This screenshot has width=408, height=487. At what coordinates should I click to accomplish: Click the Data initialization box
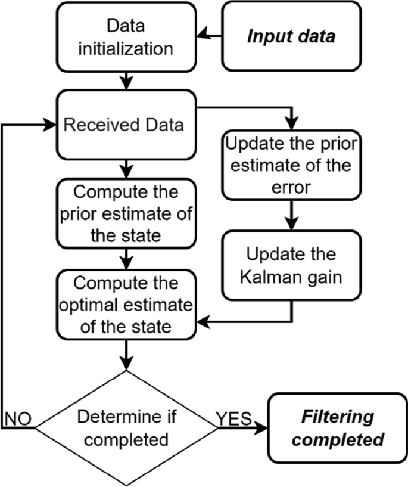[x=127, y=35]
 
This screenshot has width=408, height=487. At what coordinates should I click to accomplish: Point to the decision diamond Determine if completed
[x=126, y=427]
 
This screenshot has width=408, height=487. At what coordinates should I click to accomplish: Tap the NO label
[x=18, y=418]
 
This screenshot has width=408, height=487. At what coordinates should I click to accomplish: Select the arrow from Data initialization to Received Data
[x=126, y=80]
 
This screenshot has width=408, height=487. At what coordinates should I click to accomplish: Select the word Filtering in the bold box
[x=337, y=416]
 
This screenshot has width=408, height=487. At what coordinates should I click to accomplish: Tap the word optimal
[x=95, y=305]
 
